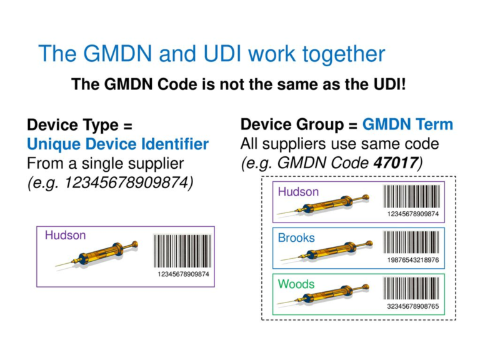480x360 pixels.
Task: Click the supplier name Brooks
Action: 296,238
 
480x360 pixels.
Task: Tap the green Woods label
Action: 296,284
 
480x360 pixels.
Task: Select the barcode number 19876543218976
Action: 413,260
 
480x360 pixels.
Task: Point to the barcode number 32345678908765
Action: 413,306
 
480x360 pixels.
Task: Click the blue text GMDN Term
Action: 407,124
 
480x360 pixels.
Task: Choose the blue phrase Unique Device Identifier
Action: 117,144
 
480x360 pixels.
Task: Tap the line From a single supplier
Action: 104,164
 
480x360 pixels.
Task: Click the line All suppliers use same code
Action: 339,144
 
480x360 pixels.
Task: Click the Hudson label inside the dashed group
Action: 298,192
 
